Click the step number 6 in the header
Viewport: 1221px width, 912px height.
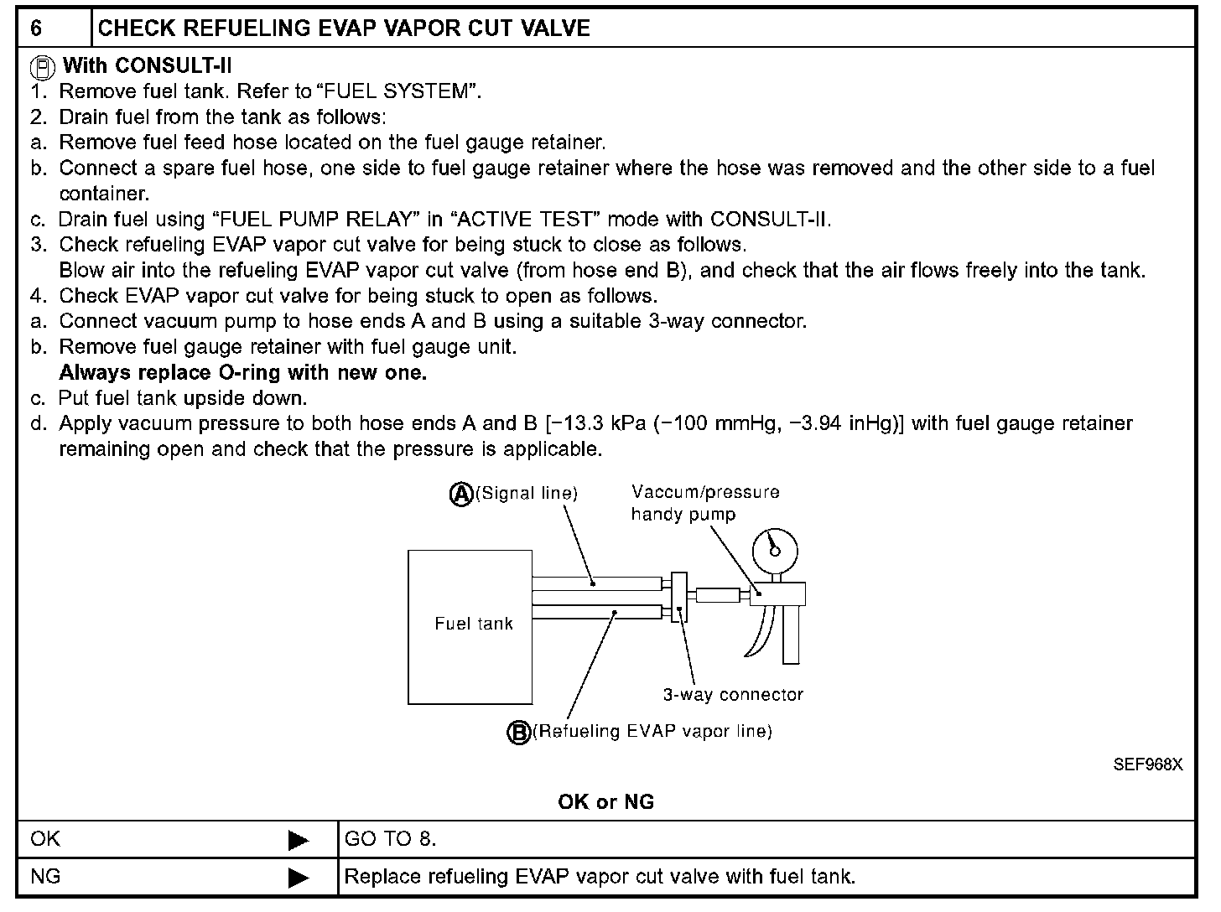click(x=36, y=28)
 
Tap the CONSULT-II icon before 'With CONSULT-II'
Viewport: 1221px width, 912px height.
click(x=44, y=66)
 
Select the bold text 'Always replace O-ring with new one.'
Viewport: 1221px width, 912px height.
click(x=242, y=373)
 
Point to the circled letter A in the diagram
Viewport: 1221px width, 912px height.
click(x=461, y=495)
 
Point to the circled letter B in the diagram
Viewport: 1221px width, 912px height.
click(x=519, y=733)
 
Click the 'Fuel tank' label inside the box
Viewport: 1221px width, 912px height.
click(x=473, y=624)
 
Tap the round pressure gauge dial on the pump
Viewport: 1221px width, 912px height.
click(x=773, y=549)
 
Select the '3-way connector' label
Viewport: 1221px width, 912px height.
click(x=733, y=695)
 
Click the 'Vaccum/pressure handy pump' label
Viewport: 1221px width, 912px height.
click(x=704, y=503)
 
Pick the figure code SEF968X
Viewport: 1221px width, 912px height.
click(x=1147, y=764)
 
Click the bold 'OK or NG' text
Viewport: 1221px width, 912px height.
click(x=605, y=802)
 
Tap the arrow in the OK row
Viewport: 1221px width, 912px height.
click(x=298, y=840)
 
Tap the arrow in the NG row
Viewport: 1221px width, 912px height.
click(x=298, y=878)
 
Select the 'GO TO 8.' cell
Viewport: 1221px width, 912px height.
click(x=391, y=839)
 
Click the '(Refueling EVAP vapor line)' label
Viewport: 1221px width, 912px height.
click(x=652, y=732)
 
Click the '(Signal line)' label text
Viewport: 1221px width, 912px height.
click(x=527, y=494)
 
